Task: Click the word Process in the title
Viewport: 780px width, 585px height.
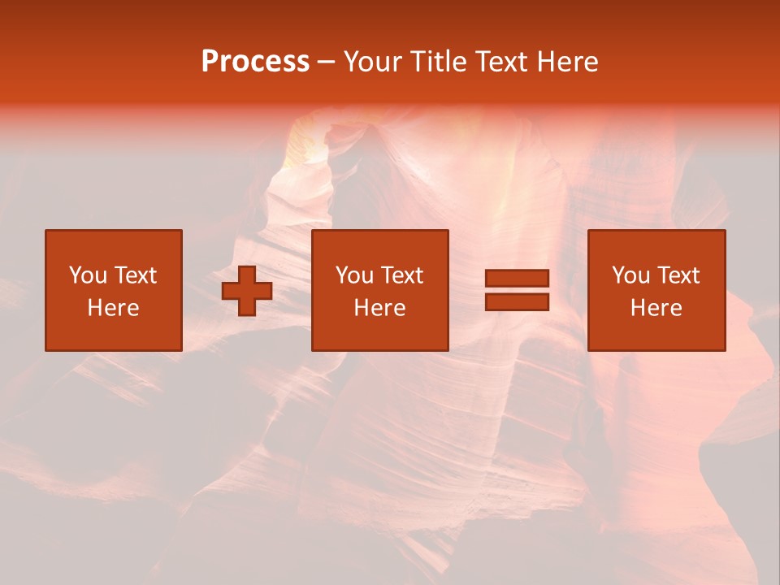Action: tap(255, 62)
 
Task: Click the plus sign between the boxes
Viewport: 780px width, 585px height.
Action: tap(247, 291)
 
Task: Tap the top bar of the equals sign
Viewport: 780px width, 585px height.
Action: tap(518, 279)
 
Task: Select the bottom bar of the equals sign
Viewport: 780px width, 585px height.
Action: tap(518, 302)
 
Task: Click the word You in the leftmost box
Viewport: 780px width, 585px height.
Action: tap(87, 275)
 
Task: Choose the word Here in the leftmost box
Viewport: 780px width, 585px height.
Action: tap(113, 308)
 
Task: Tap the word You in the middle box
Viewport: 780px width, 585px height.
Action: tap(353, 275)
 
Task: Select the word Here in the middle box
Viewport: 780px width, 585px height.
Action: tap(379, 308)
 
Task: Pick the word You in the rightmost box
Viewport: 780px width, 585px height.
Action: tap(630, 275)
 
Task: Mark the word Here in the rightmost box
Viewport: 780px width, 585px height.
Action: tap(656, 308)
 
